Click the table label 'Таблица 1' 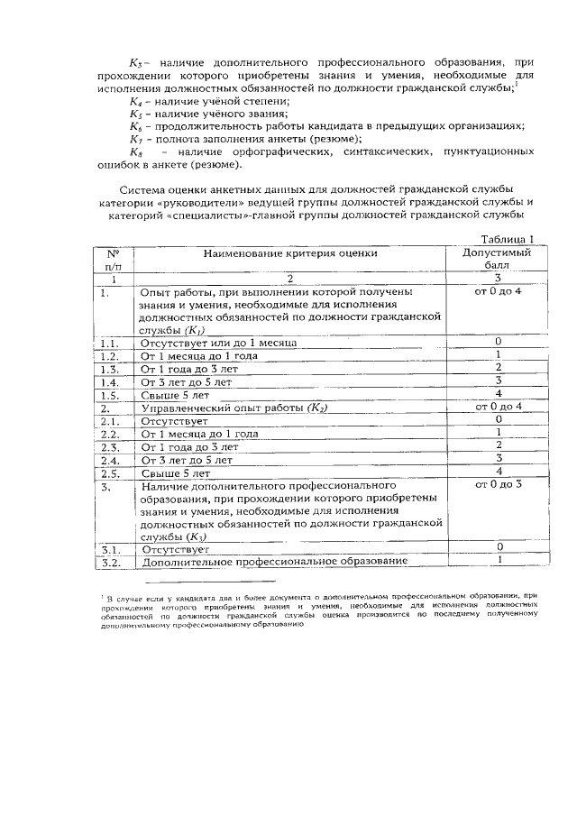pos(508,239)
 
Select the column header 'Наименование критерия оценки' pos(289,253)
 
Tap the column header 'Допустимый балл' pos(497,260)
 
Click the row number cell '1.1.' pos(111,344)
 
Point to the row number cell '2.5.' pos(111,472)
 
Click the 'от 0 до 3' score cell pos(497,485)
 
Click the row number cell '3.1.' pos(111,549)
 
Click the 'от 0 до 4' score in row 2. pos(497,408)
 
